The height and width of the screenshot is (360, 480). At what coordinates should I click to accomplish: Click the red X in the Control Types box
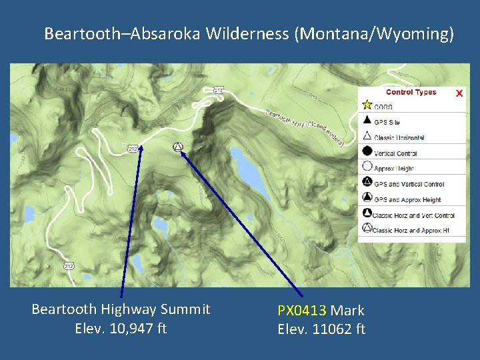459,93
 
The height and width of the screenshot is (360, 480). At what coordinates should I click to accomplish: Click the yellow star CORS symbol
367,105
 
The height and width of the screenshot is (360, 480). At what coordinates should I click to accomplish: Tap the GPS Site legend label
387,122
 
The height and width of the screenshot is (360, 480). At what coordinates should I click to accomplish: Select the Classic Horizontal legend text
399,138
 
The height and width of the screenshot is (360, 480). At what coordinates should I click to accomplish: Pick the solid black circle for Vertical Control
367,151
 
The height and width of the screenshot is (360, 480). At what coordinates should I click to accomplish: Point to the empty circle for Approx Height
367,167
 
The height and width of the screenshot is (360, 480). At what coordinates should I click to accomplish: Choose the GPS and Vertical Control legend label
409,184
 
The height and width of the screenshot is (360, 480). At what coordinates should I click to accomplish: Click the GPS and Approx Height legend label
407,199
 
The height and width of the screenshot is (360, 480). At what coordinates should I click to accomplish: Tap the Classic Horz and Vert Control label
414,215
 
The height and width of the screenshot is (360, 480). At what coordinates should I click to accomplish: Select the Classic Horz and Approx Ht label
411,231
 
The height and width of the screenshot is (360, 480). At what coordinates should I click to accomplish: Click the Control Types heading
411,92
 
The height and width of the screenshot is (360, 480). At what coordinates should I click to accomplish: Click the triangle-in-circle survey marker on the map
177,147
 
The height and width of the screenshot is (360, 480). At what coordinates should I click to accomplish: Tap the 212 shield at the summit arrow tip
133,149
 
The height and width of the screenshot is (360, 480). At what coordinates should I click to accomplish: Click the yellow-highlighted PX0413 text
302,310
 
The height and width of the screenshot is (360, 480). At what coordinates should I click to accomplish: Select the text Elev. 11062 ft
321,329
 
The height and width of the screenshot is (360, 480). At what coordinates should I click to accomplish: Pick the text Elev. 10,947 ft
121,328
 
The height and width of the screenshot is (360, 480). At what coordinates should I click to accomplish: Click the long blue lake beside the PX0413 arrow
246,171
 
